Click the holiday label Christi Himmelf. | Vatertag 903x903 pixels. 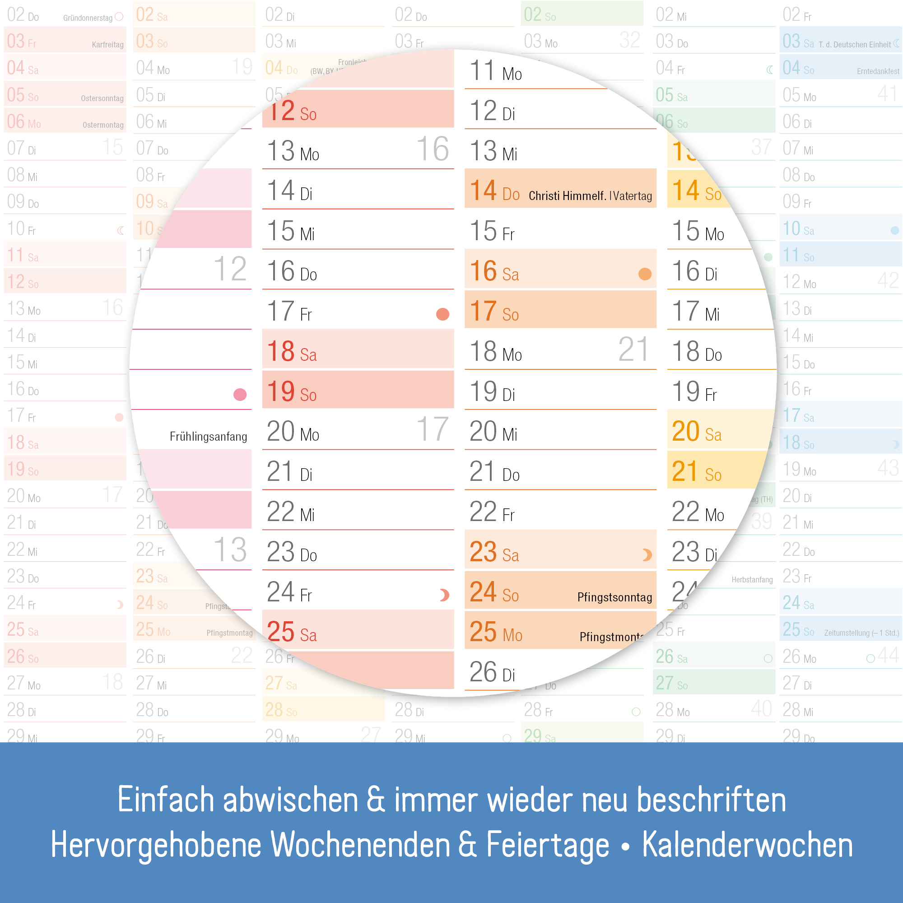point(590,195)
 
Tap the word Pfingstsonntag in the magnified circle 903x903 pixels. point(614,597)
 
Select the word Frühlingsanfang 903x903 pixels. point(208,437)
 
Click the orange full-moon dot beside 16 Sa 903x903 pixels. point(645,274)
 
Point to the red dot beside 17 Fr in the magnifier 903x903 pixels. point(442,314)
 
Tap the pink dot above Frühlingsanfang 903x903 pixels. point(240,395)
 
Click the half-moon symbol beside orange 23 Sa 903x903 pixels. point(647,555)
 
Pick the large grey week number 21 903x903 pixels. point(633,349)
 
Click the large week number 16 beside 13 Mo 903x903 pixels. point(433,149)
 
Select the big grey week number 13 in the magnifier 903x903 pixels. point(230,549)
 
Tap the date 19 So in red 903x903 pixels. point(292,391)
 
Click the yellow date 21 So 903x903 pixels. point(696,472)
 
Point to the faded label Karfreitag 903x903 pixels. point(107,45)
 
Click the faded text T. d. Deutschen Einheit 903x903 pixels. point(854,45)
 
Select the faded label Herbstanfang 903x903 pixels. point(752,580)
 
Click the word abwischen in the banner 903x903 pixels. point(290,800)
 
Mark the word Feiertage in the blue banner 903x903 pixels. point(547,845)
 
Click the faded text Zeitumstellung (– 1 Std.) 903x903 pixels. point(861,633)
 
